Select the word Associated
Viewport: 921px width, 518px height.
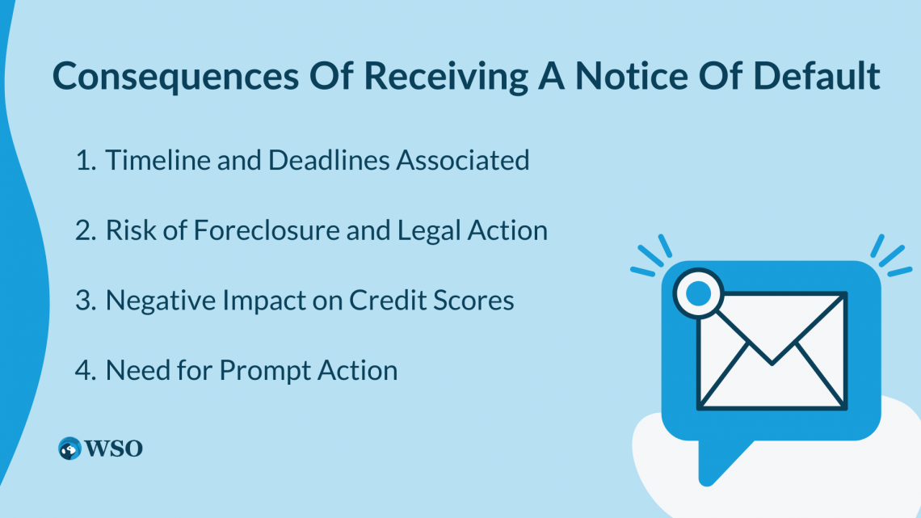(x=462, y=160)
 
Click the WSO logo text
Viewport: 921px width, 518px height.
(x=114, y=449)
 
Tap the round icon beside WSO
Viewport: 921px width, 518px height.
(x=70, y=449)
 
